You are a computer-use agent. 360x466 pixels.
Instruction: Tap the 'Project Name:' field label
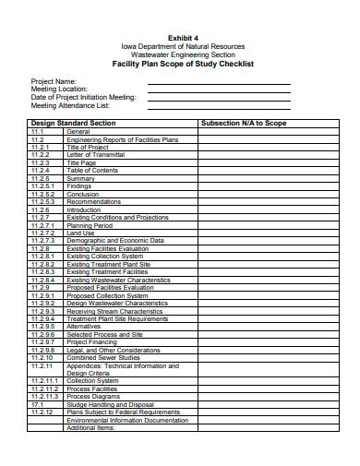(x=54, y=81)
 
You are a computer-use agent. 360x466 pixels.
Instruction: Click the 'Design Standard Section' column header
(x=74, y=122)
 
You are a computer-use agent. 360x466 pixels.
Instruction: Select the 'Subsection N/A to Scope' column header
(x=244, y=122)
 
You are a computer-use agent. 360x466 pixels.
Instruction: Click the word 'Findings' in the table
(x=79, y=186)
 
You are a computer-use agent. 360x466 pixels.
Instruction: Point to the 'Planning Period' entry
(x=90, y=225)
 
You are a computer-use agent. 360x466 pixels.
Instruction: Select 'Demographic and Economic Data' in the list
(x=114, y=241)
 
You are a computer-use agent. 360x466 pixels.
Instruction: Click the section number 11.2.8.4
(x=43, y=280)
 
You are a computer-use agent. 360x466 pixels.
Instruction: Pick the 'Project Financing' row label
(x=92, y=342)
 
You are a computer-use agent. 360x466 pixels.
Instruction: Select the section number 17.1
(x=37, y=404)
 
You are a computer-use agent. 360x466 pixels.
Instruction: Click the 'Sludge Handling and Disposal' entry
(x=110, y=404)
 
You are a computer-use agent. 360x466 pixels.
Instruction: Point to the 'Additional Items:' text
(x=90, y=428)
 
